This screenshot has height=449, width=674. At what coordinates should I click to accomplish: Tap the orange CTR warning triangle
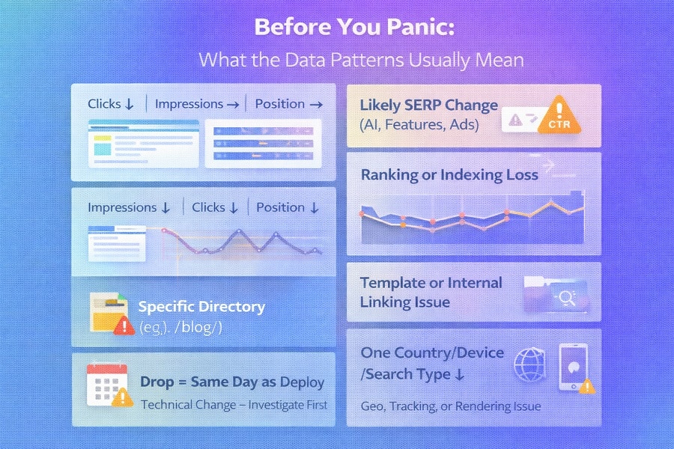pos(558,116)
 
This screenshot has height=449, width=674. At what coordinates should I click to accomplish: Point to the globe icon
pos(528,364)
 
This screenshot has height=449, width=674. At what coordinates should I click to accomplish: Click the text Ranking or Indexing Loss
pos(449,175)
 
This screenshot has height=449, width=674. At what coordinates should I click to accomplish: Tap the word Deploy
pos(302,382)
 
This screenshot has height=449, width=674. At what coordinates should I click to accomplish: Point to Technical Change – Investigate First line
pos(234,405)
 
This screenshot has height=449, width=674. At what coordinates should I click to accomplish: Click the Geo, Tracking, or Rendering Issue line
pos(451,406)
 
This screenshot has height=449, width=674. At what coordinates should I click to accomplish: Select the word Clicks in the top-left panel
pos(104,104)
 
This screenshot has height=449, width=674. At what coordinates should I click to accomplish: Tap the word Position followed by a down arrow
pos(280,207)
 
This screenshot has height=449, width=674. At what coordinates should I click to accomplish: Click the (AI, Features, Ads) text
pos(419,124)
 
